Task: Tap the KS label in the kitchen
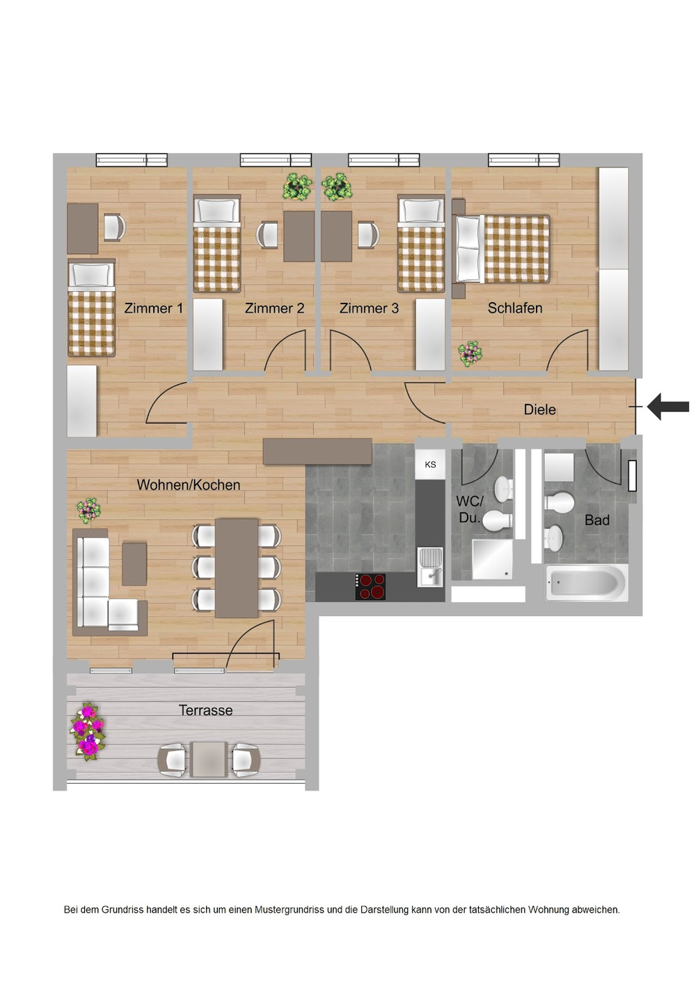coord(430,465)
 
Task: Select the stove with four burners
coord(370,587)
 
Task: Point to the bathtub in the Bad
coord(586,583)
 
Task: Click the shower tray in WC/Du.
coord(492,558)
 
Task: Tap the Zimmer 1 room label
coord(153,308)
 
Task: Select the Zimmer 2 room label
coord(274,308)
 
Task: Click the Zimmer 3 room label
coord(369,308)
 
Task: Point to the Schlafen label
coord(514,308)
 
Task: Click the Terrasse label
coord(205,710)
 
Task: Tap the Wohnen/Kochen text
coord(188,485)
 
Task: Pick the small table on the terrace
coord(209,759)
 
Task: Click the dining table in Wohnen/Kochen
coord(236,568)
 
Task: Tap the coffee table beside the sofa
coord(134,564)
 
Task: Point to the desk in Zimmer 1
coord(82,228)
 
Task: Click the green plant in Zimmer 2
coord(297,187)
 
